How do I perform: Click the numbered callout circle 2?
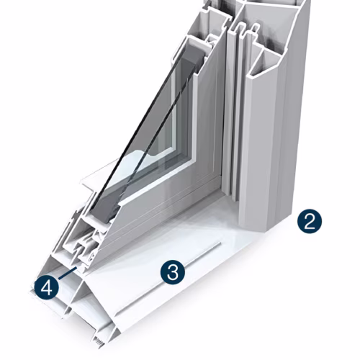310,221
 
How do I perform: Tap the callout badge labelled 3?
173,272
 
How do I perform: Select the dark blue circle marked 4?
46,288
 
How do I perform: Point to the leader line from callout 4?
67,273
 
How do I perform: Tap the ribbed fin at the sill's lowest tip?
98,343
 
